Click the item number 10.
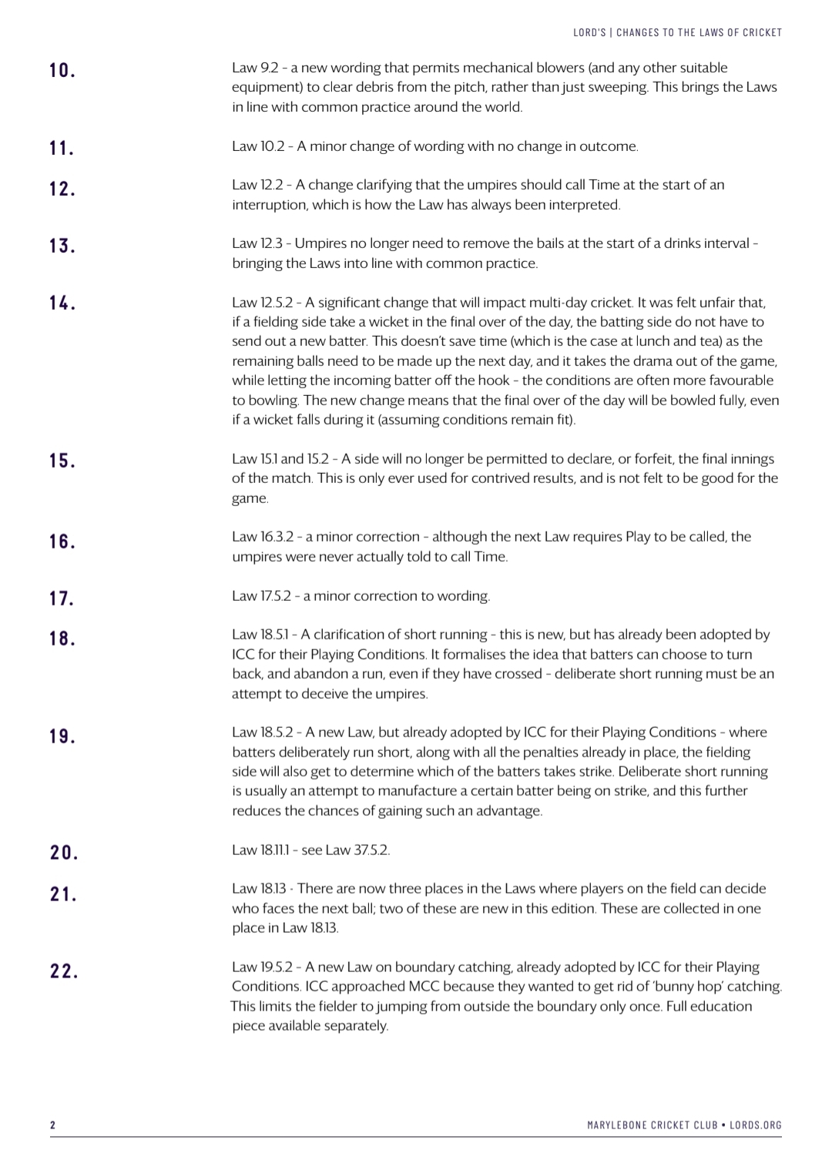62,71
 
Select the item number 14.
62,303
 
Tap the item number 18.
62,639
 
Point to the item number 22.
63,971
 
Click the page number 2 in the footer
52,1125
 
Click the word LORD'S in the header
589,32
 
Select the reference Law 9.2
257,68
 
